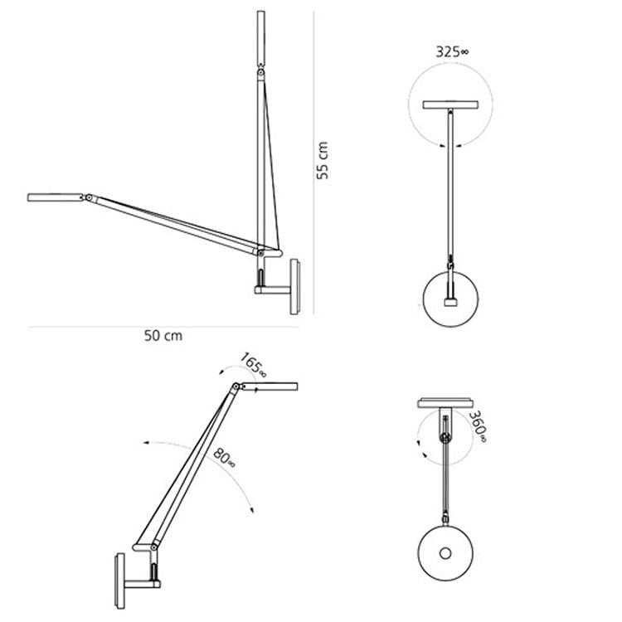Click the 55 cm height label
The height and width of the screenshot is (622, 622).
click(324, 160)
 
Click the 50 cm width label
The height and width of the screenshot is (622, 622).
click(163, 336)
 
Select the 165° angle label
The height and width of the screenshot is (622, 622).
click(254, 364)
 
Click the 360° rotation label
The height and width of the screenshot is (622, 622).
click(476, 426)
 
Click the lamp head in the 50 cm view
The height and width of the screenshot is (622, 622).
click(54, 197)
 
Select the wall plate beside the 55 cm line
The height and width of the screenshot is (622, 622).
click(294, 287)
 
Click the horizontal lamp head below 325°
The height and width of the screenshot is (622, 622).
click(451, 104)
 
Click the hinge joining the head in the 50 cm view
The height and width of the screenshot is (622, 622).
click(86, 198)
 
